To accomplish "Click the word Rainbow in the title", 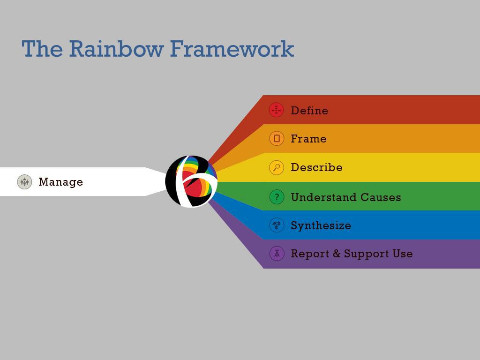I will pos(116,49).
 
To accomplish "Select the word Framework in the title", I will pos(232,49).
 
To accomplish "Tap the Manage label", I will pos(60,182).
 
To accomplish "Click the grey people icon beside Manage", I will pos(24,182).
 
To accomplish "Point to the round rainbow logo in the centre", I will pos(191,181).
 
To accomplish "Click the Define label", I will pos(309,111).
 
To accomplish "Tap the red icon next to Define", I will pos(277,110).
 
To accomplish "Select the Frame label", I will pos(308,139).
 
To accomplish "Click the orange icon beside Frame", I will pos(277,138).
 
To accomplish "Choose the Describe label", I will pos(316,167).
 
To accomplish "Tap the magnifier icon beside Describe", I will pos(277,167).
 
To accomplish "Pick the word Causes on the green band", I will pos(382,197).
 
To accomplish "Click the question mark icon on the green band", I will pos(277,197).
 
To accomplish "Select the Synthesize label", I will pos(321,225).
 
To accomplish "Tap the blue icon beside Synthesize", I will pos(277,225).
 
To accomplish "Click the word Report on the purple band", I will pos(309,254).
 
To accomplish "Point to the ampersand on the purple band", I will pos(337,254).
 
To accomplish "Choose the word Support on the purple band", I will pos(366,254).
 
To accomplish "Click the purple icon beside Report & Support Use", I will pos(277,254).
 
